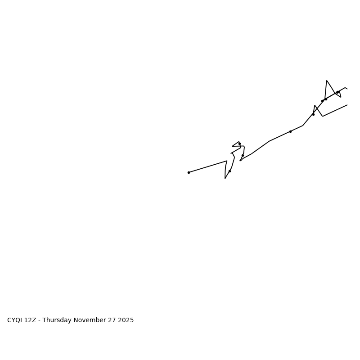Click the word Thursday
click(x=57, y=320)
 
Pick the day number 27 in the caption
click(x=111, y=320)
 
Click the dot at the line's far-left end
click(x=189, y=172)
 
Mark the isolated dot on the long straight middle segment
click(x=290, y=131)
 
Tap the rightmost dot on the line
click(x=337, y=92)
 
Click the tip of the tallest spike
click(x=327, y=81)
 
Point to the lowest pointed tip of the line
click(x=225, y=179)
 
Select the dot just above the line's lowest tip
click(x=229, y=171)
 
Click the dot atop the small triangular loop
click(x=239, y=144)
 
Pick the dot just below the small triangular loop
click(x=243, y=155)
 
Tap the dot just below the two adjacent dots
click(x=313, y=114)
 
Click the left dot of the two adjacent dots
click(x=322, y=101)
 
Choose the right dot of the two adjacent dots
click(x=326, y=99)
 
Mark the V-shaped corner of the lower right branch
click(x=323, y=116)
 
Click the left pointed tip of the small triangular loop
click(x=232, y=146)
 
